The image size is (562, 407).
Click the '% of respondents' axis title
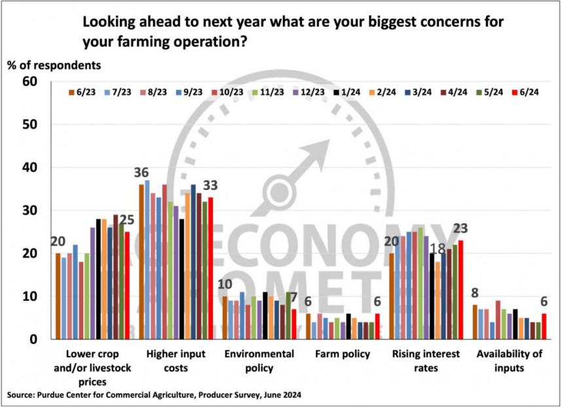(54, 66)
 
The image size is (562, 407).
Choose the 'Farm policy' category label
(343, 355)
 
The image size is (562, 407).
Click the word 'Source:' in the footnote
(23, 396)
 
